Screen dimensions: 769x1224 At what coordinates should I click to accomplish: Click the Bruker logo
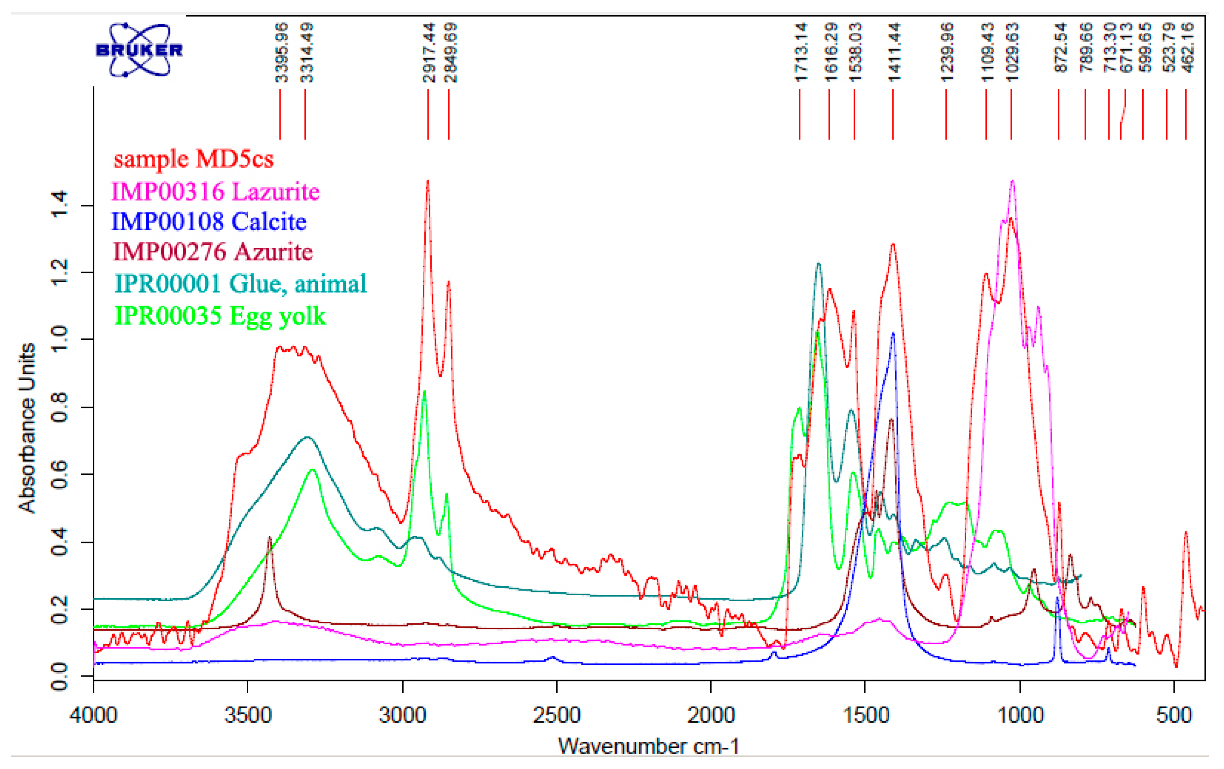[x=139, y=50]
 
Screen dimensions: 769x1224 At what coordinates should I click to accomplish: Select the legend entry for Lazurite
[x=216, y=191]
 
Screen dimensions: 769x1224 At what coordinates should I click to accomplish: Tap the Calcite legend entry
[x=209, y=221]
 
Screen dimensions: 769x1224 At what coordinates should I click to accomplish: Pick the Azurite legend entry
[x=212, y=251]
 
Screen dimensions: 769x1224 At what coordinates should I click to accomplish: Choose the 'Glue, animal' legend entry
[x=240, y=283]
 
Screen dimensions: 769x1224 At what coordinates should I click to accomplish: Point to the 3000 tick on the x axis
[x=403, y=716]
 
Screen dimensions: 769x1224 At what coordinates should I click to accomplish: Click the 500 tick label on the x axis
[x=1174, y=716]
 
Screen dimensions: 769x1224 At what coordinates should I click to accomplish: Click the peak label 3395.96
[x=281, y=53]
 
